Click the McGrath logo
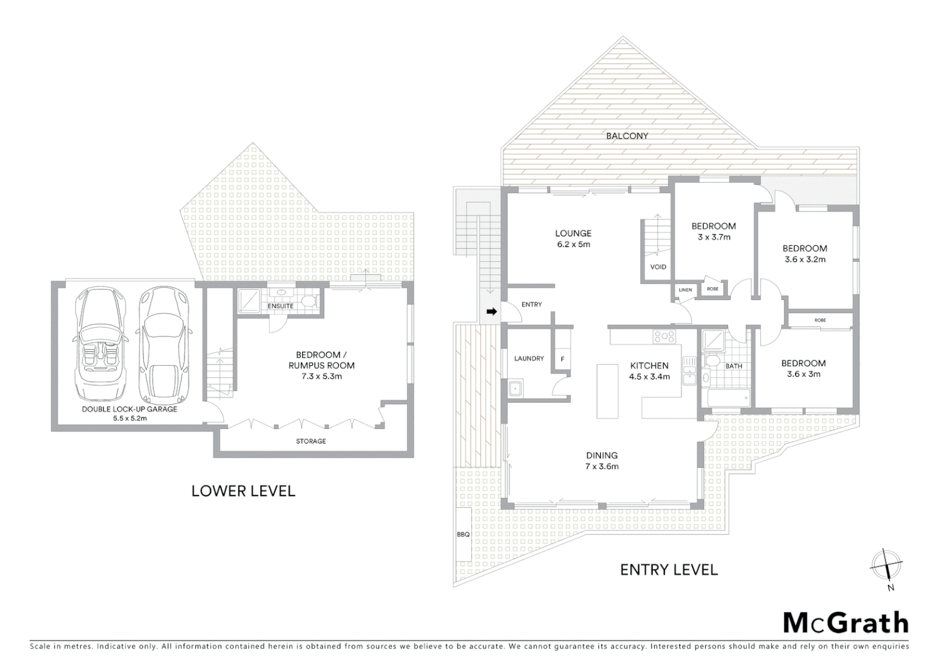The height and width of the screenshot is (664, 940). [845, 622]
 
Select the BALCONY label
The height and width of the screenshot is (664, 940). [627, 136]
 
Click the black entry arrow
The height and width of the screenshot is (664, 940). [492, 312]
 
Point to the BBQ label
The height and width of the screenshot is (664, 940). [463, 534]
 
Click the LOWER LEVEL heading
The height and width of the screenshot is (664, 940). [244, 491]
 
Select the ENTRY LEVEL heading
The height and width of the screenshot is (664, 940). [669, 569]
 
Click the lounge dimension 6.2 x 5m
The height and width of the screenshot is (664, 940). [573, 244]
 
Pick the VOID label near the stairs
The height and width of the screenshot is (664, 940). [658, 267]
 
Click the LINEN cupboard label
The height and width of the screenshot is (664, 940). [685, 290]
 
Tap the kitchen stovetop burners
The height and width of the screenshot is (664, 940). [664, 336]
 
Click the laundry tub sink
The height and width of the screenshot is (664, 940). [515, 388]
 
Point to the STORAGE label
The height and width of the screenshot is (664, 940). [311, 441]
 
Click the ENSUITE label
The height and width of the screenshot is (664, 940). [281, 306]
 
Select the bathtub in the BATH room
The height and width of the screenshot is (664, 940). [727, 398]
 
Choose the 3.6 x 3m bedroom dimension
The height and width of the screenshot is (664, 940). [803, 374]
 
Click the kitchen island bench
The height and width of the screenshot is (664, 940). [607, 391]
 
